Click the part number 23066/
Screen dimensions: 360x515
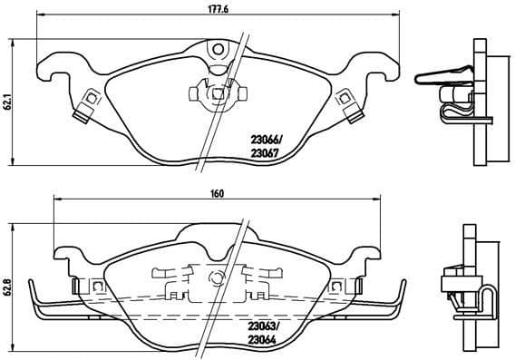267,139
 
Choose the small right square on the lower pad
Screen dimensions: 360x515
338,287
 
